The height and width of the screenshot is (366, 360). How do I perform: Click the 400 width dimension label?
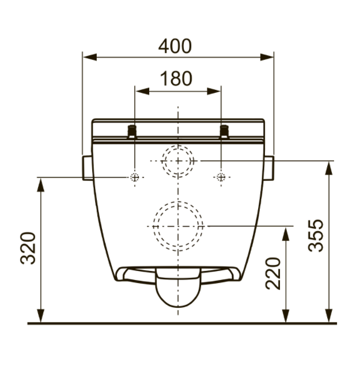[x=175, y=46]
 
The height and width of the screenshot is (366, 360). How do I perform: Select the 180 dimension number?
[x=176, y=78]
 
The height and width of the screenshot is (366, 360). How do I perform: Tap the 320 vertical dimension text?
[x=28, y=248]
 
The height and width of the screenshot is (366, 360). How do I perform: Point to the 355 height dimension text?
[x=316, y=236]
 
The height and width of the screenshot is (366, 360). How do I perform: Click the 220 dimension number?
[x=273, y=273]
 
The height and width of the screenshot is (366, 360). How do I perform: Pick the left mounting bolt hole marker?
[x=135, y=178]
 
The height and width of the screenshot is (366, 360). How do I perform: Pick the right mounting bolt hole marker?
[x=221, y=178]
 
